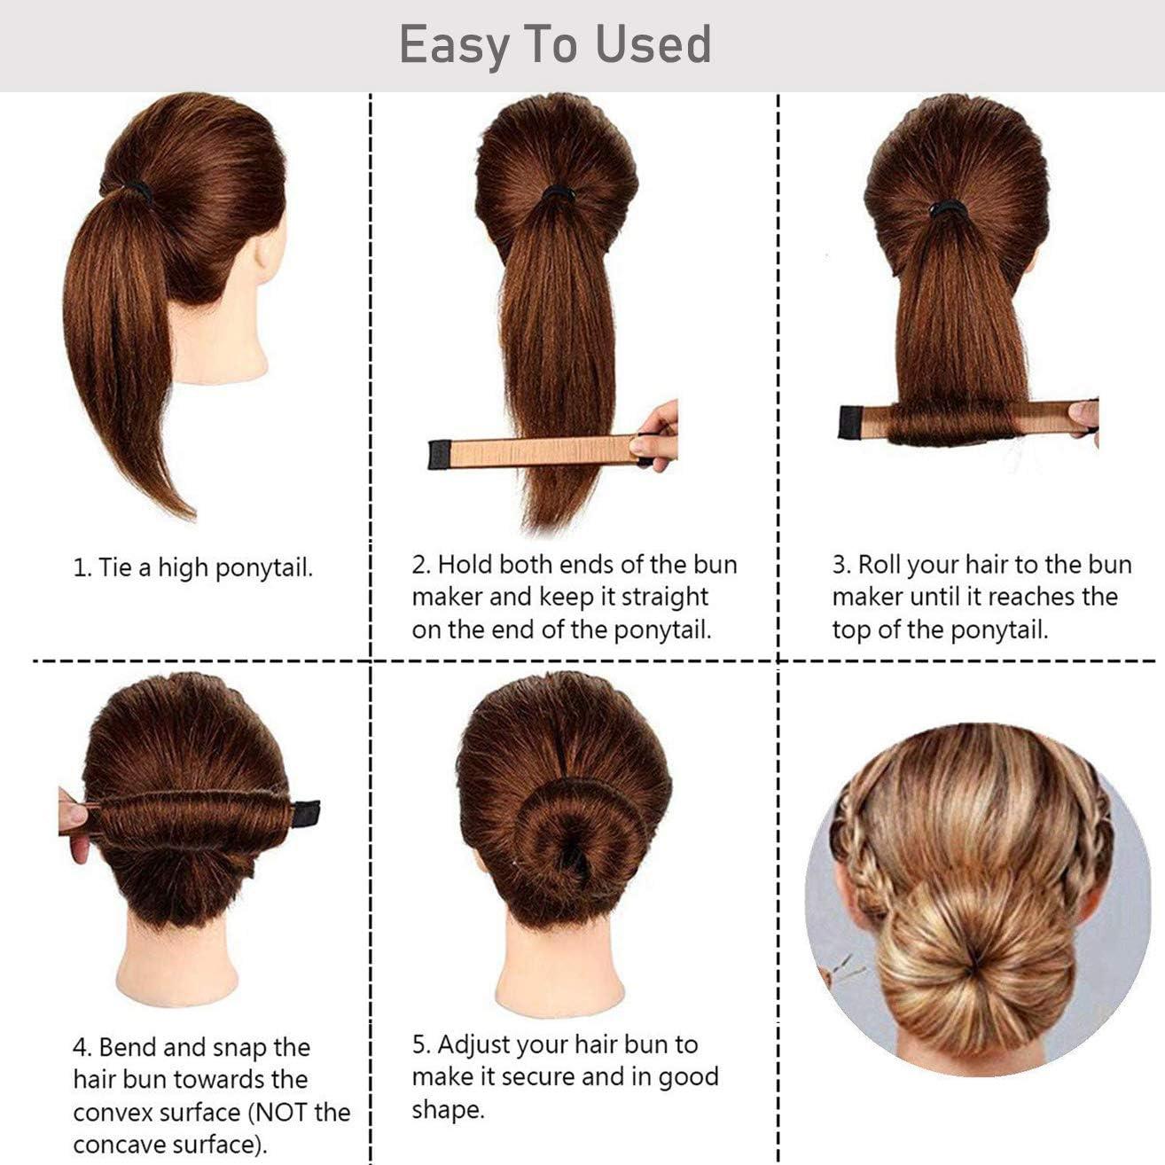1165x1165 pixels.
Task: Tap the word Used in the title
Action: [653, 44]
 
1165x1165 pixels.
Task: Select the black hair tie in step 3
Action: [947, 209]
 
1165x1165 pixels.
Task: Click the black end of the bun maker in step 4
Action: [305, 809]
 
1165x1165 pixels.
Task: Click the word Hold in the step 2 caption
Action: [465, 565]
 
